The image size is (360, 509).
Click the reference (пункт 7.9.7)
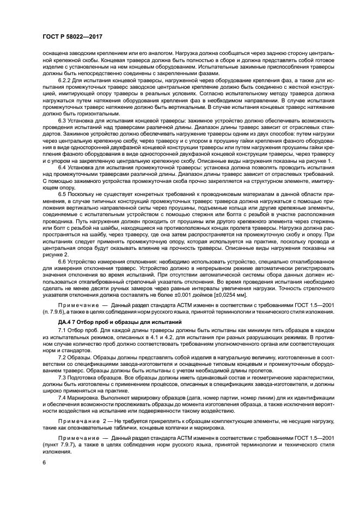point(61,445)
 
